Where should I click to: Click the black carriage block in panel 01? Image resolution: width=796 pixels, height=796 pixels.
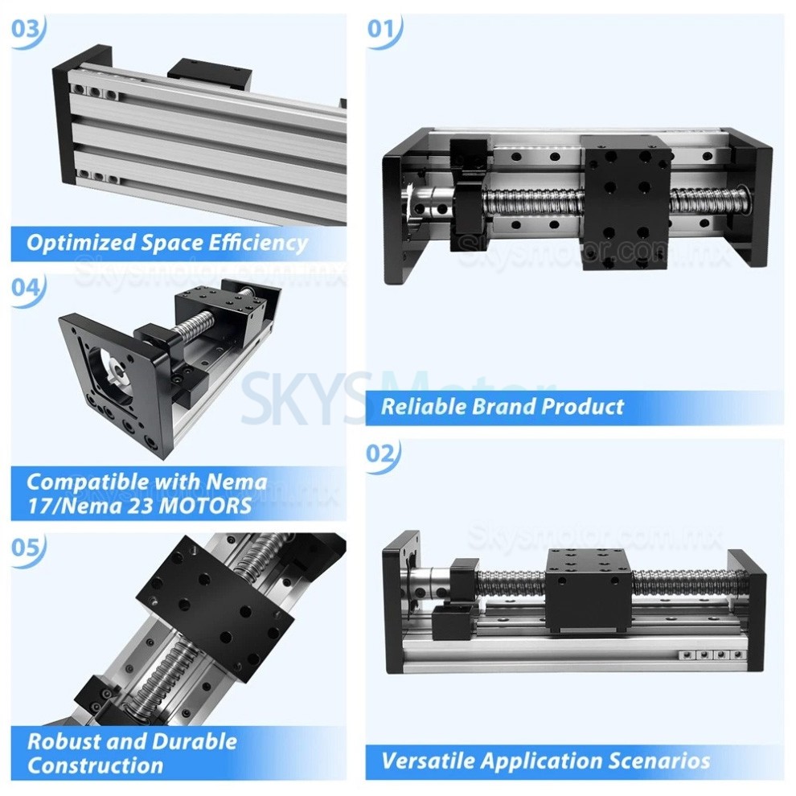pos(627,201)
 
